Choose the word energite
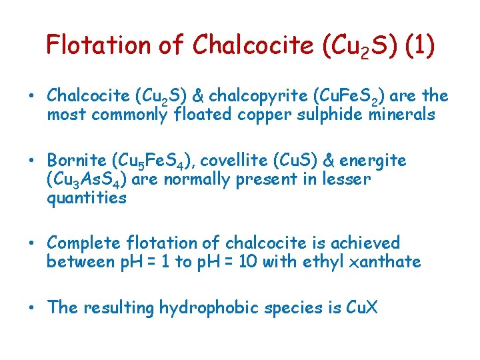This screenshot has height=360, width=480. click(374, 161)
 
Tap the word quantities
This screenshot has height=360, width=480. click(86, 199)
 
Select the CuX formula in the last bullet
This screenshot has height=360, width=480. click(363, 307)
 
